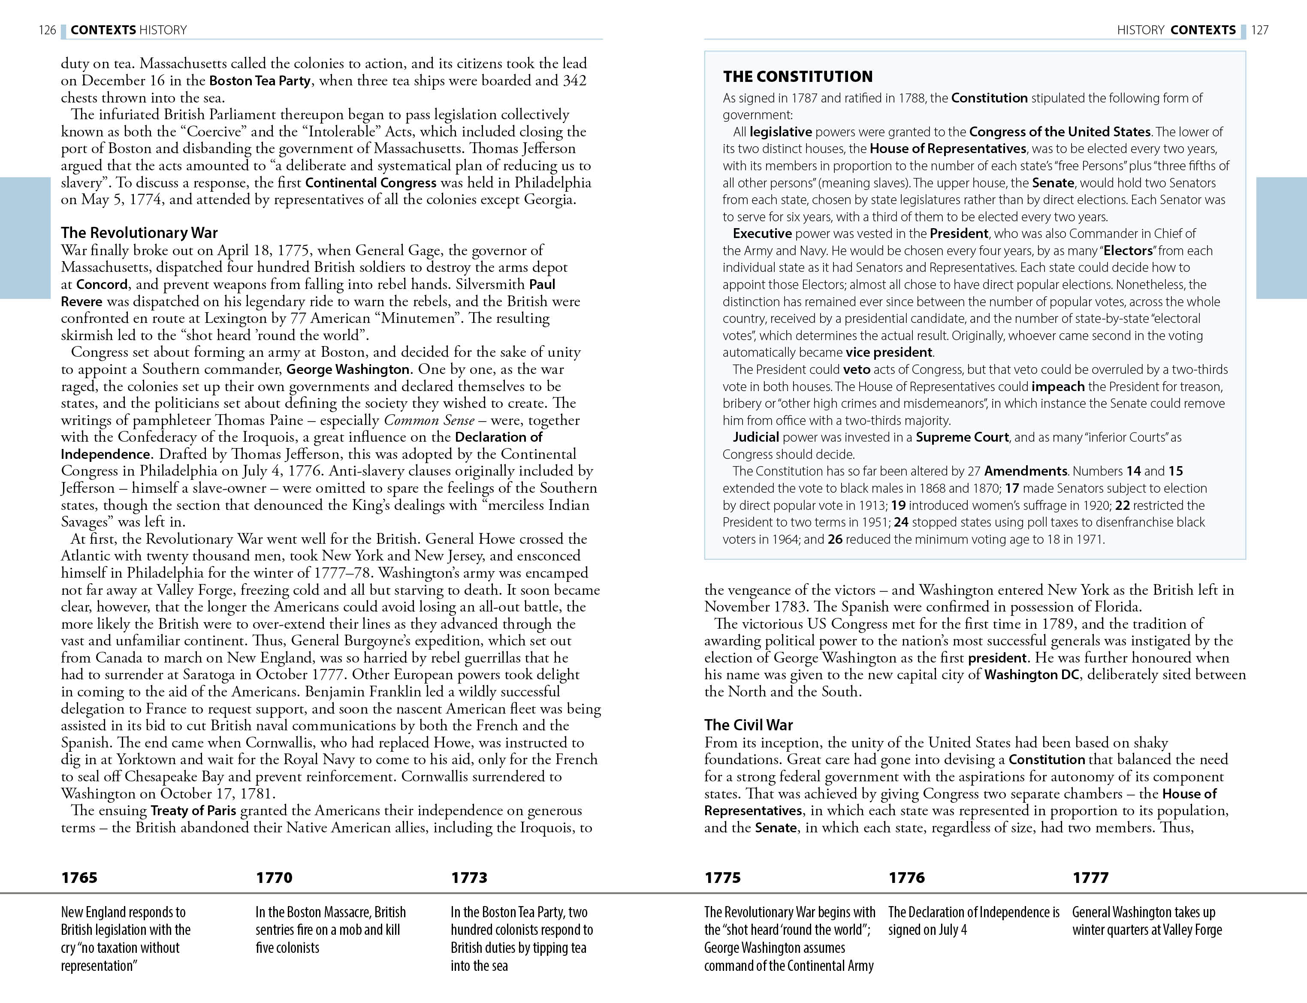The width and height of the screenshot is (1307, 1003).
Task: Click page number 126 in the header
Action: tap(47, 30)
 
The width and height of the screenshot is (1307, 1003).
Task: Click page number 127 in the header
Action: tap(1260, 30)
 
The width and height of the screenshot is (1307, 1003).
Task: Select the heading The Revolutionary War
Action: tap(139, 233)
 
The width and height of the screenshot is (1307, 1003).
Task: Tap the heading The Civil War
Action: tap(748, 725)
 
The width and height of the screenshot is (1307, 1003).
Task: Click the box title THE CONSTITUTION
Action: tap(798, 76)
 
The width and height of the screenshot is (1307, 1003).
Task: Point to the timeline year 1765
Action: tap(79, 878)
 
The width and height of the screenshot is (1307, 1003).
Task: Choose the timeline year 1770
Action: tap(274, 878)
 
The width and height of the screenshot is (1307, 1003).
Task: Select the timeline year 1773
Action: tap(469, 878)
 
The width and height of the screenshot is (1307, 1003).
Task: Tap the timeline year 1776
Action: tap(906, 878)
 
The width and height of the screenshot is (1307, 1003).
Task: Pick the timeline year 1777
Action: tap(1090, 878)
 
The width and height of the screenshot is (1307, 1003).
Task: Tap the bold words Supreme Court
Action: tap(962, 437)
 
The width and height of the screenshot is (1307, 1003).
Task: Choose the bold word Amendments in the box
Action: tap(1025, 471)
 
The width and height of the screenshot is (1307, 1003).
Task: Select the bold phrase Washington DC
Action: tap(1031, 675)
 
